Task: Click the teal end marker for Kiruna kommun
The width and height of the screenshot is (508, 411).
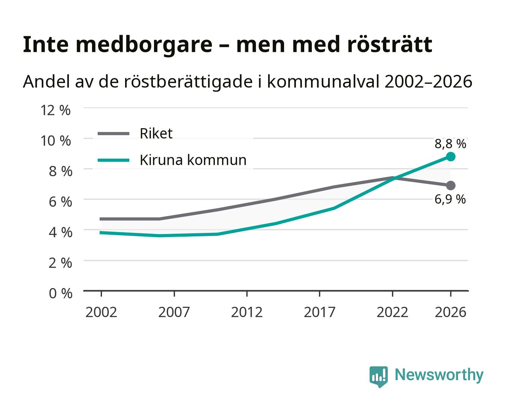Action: (451, 157)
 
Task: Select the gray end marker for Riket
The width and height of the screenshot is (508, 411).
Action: (451, 185)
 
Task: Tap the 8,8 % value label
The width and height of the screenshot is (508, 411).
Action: (450, 144)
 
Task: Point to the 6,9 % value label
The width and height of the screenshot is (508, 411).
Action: (450, 199)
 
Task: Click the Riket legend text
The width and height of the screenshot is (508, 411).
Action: (156, 133)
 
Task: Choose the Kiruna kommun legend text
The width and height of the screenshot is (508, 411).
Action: (193, 160)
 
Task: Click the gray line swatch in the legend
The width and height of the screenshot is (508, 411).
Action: (114, 134)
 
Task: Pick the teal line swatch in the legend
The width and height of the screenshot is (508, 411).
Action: (114, 160)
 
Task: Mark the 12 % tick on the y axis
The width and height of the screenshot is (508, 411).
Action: (56, 110)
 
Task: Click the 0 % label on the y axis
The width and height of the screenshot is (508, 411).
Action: (60, 293)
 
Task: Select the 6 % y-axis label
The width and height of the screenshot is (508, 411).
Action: (60, 202)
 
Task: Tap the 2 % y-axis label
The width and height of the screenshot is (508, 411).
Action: (60, 263)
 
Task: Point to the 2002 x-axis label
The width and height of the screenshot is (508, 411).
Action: (101, 312)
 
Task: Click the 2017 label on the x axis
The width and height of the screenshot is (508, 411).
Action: (319, 312)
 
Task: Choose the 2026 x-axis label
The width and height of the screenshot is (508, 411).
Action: (450, 312)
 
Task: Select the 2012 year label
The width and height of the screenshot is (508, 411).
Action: (247, 312)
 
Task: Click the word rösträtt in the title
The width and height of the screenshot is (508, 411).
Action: (389, 45)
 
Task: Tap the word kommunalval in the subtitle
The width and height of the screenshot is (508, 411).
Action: (323, 81)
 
